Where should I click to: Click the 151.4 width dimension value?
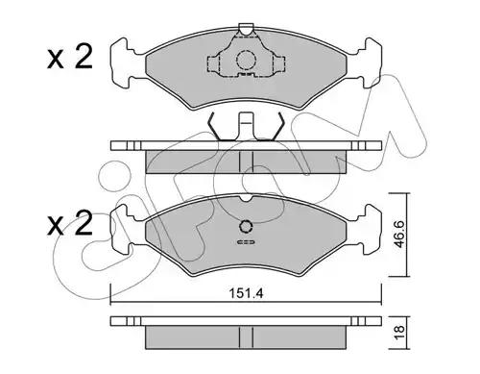coord(246,293)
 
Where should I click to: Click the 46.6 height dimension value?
coord(399,235)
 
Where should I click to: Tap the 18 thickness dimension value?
coord(399,333)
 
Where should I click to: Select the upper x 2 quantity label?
coord(70,57)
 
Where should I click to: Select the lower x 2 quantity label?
coord(70,223)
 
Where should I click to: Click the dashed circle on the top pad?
coord(246,61)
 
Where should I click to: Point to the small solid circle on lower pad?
coord(246,227)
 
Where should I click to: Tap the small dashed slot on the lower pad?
coord(246,242)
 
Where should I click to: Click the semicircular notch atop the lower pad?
coord(246,199)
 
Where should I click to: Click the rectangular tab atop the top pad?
coord(246,29)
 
